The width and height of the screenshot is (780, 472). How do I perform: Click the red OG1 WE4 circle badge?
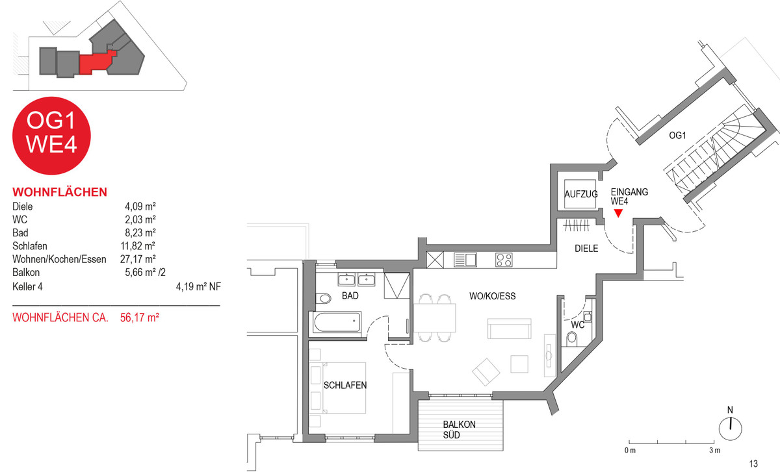(51, 136)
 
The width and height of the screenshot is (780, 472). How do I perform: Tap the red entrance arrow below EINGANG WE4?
(618, 213)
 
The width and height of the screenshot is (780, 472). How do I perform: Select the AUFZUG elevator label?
(581, 194)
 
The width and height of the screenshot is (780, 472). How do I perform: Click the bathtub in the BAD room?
(337, 323)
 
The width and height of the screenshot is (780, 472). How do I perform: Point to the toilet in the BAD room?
(323, 299)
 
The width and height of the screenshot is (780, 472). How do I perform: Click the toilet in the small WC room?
(572, 338)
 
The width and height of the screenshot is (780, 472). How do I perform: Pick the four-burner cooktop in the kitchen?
(504, 260)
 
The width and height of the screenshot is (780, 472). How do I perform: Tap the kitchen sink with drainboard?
(465, 260)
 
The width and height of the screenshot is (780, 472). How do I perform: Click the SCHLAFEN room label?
(345, 385)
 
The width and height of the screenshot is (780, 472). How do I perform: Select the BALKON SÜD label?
(459, 430)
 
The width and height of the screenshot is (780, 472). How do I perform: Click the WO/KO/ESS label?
(493, 296)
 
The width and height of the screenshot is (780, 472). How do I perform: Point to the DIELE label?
(586, 249)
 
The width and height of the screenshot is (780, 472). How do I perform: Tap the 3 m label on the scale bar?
(715, 451)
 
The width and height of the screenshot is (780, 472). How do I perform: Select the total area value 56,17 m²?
(140, 317)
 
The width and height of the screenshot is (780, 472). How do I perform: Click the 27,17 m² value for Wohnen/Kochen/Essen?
(138, 259)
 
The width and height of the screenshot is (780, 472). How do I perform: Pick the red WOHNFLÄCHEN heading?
(60, 192)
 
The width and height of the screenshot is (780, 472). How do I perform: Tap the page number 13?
(753, 464)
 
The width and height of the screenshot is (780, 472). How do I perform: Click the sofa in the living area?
(510, 329)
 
